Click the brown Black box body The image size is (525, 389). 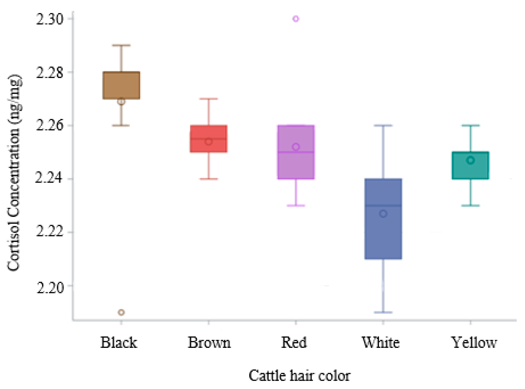click(121, 85)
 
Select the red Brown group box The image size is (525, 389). click(208, 139)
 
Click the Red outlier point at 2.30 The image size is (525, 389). click(296, 19)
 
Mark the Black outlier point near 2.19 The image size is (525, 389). click(121, 312)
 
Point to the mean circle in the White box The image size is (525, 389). click(383, 214)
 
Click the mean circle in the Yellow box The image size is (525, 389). click(470, 160)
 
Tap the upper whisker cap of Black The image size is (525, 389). click(121, 45)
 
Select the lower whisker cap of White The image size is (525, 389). click(383, 312)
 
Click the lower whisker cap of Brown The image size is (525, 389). click(208, 179)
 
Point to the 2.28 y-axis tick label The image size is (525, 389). click(50, 72)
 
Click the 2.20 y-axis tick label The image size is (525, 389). click(50, 286)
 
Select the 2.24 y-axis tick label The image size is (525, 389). click(50, 179)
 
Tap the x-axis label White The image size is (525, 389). click(381, 343)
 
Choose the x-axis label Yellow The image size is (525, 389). click(474, 343)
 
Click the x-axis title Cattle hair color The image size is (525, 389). click(299, 375)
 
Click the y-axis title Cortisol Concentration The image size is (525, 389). click(14, 172)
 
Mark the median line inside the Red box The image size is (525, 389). click(296, 152)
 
